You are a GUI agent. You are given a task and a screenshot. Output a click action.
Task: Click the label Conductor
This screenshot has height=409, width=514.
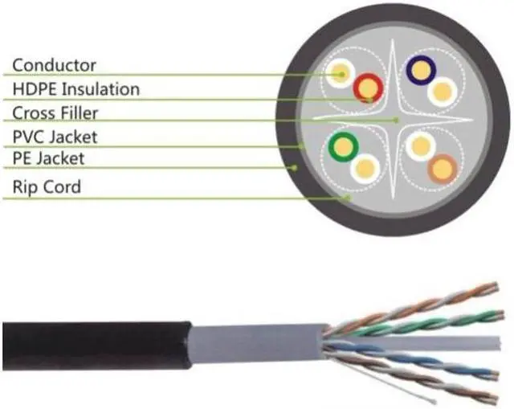[55, 64]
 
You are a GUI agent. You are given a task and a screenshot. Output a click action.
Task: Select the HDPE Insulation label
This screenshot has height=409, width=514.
[76, 88]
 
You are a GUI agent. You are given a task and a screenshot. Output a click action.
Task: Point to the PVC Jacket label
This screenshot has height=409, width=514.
[61, 137]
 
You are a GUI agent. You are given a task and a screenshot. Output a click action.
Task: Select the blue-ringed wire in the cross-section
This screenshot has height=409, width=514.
[420, 72]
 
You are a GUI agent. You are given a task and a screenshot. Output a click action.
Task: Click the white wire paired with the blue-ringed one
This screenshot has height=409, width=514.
[442, 92]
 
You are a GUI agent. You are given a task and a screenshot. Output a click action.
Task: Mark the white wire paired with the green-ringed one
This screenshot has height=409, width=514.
[365, 168]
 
